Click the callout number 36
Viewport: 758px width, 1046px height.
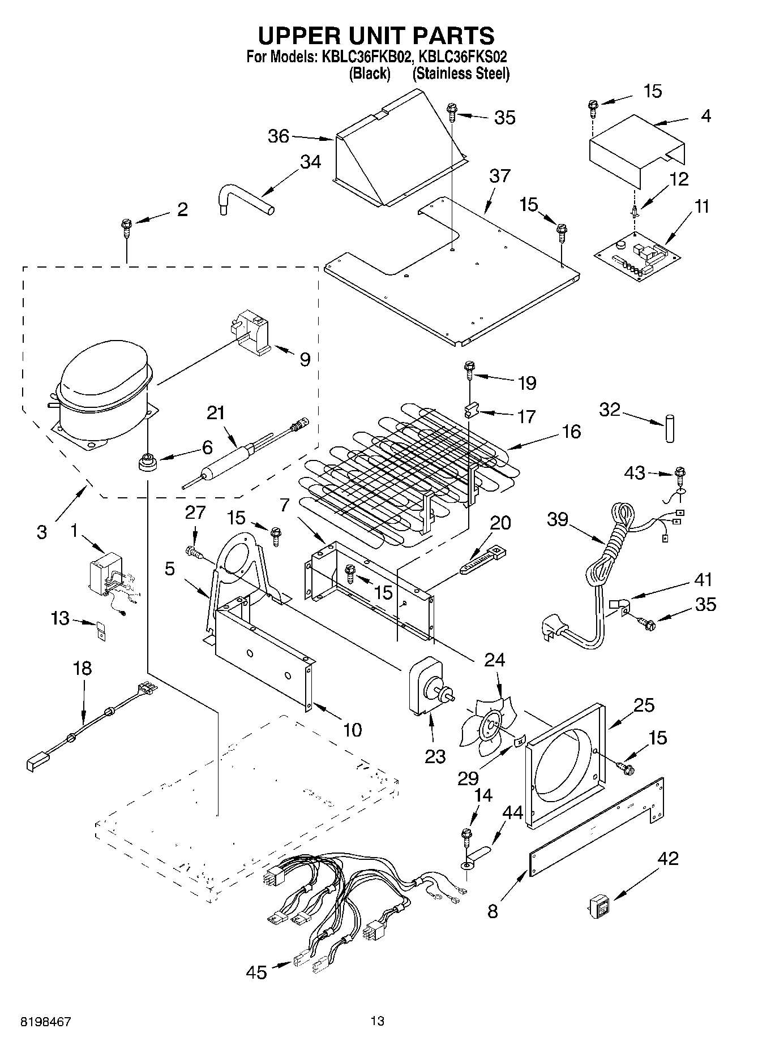(x=278, y=136)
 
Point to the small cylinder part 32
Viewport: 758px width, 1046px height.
(x=671, y=428)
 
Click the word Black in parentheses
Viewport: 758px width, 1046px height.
(x=370, y=74)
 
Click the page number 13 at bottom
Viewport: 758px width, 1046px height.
(x=377, y=1021)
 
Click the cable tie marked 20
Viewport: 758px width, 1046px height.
(x=481, y=561)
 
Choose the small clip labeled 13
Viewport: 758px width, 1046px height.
(x=101, y=631)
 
